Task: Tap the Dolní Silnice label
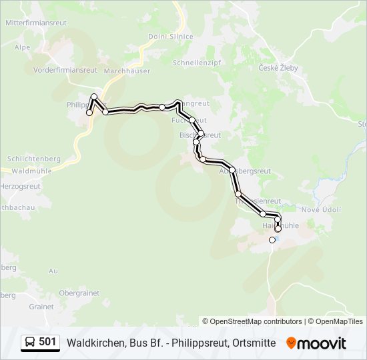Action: pos(171,37)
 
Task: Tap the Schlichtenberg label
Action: pos(33,159)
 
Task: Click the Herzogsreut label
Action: pos(21,187)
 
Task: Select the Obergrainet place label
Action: pos(79,293)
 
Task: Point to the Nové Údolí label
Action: pos(321,210)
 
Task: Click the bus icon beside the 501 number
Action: pos(31,343)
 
